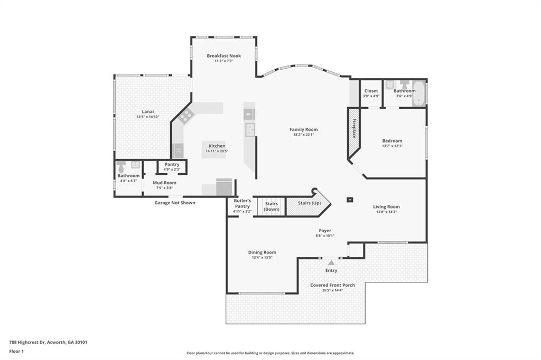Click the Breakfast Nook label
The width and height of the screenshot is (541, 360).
pyautogui.click(x=223, y=55)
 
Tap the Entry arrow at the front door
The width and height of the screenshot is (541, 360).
pyautogui.click(x=331, y=262)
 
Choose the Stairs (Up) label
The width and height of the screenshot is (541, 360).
pyautogui.click(x=310, y=203)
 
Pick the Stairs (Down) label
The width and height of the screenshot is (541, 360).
pyautogui.click(x=272, y=206)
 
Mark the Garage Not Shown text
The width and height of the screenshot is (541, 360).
pyautogui.click(x=174, y=203)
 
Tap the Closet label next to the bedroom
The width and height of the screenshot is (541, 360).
pyautogui.click(x=371, y=91)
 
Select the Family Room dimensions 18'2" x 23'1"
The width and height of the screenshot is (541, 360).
pyautogui.click(x=303, y=135)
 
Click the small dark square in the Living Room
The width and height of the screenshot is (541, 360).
pyautogui.click(x=349, y=200)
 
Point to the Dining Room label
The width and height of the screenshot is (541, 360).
pyautogui.click(x=262, y=252)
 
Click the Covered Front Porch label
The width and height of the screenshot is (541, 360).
pyautogui.click(x=332, y=285)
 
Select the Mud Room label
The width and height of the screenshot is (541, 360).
pyautogui.click(x=164, y=183)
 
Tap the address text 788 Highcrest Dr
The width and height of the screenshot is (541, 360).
pyautogui.click(x=48, y=342)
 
